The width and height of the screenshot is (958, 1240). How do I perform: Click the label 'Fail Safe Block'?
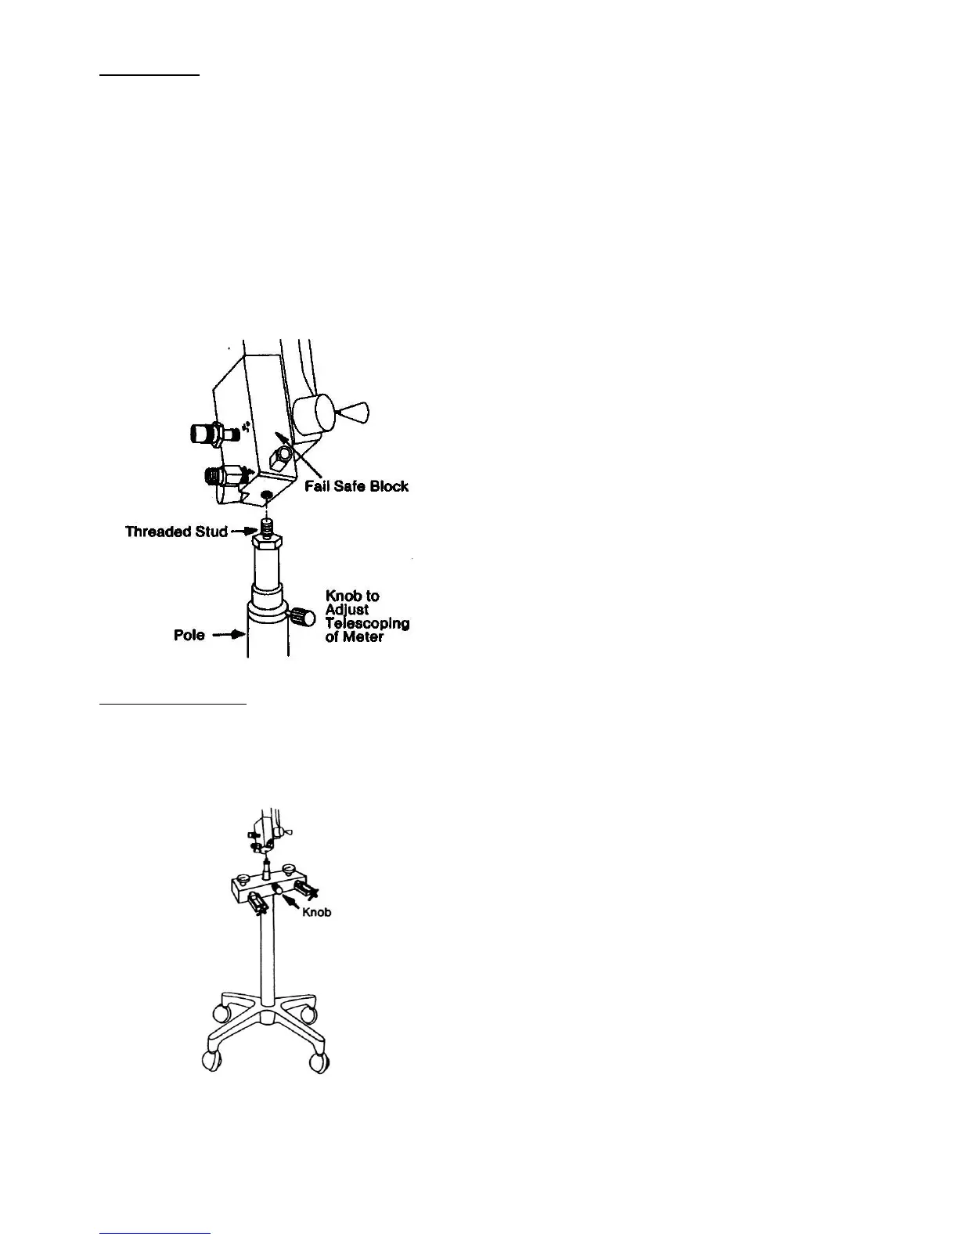pyautogui.click(x=356, y=486)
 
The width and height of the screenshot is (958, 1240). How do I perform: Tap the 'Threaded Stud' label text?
pyautogui.click(x=176, y=532)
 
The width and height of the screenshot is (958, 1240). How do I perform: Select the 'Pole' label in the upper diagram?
pyautogui.click(x=189, y=635)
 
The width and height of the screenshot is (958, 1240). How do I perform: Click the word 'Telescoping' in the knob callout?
pyautogui.click(x=367, y=623)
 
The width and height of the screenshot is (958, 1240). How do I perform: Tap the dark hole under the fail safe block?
pyautogui.click(x=268, y=494)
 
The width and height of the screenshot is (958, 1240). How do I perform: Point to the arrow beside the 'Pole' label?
pyautogui.click(x=229, y=635)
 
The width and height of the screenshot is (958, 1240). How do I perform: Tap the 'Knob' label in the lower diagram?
pyautogui.click(x=317, y=913)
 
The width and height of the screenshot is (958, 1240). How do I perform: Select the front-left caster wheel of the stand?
pyautogui.click(x=211, y=1062)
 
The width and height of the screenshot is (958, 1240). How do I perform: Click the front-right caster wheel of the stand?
pyautogui.click(x=318, y=1062)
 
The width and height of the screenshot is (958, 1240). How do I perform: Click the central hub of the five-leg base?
pyautogui.click(x=267, y=1016)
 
